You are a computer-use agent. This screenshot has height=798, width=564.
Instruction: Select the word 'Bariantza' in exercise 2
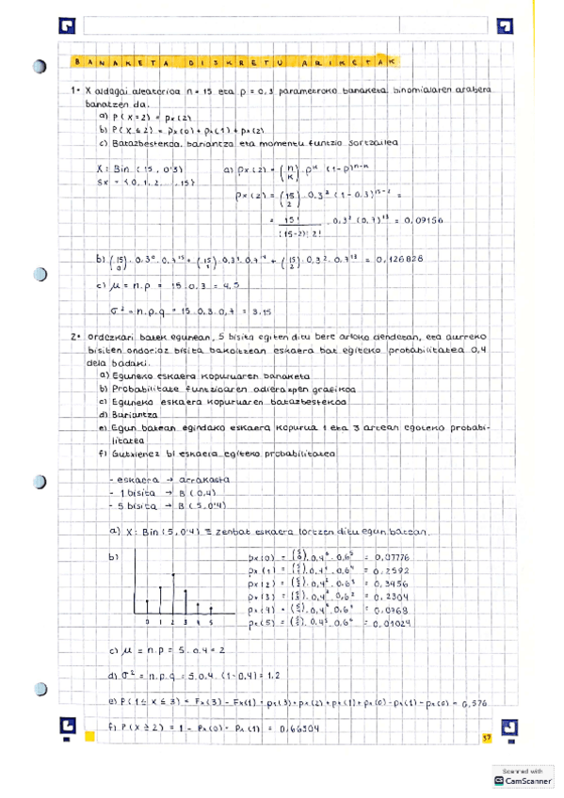coord(131,412)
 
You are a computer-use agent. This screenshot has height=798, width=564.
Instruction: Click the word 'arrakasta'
coord(190,479)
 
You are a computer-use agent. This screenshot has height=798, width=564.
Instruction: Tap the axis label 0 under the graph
coord(150,623)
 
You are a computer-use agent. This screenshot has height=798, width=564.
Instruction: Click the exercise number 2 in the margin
coord(73,336)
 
